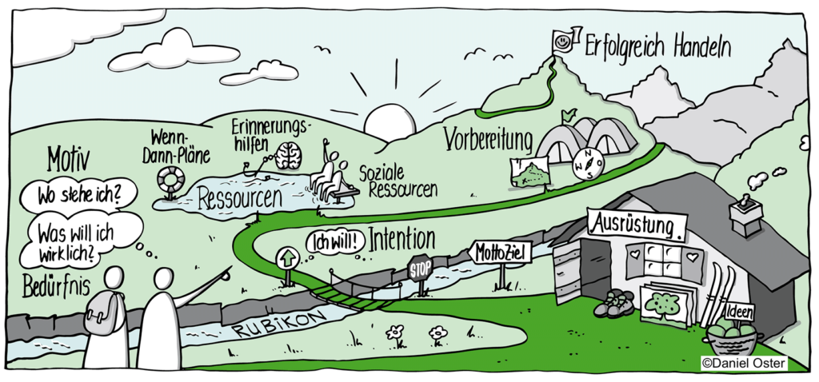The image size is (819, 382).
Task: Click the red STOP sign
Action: pyautogui.click(x=420, y=269)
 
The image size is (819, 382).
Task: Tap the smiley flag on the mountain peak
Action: pyautogui.click(x=563, y=40)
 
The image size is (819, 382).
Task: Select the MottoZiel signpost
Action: pyautogui.click(x=500, y=253)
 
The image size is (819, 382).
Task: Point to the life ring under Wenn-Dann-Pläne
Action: pyautogui.click(x=170, y=179)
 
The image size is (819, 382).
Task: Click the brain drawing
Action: pyautogui.click(x=288, y=157)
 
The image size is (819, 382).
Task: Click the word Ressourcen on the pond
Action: pyautogui.click(x=240, y=198)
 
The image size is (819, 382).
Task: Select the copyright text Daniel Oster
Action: pyautogui.click(x=744, y=364)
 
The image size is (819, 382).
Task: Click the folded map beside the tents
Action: pyautogui.click(x=529, y=173)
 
